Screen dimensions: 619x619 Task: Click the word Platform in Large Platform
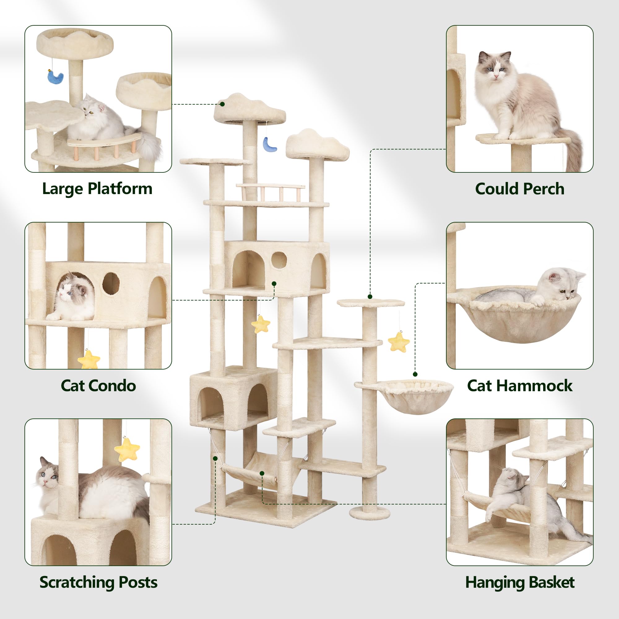pyautogui.click(x=120, y=188)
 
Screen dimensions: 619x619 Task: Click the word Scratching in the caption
pyautogui.click(x=76, y=582)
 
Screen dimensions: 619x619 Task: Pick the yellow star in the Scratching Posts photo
pyautogui.click(x=127, y=449)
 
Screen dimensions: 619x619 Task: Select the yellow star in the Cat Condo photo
pyautogui.click(x=89, y=359)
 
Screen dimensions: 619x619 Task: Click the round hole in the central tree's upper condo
pyautogui.click(x=279, y=260)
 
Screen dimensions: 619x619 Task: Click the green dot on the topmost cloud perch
pyautogui.click(x=222, y=104)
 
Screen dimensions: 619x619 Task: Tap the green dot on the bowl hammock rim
pyautogui.click(x=415, y=374)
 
